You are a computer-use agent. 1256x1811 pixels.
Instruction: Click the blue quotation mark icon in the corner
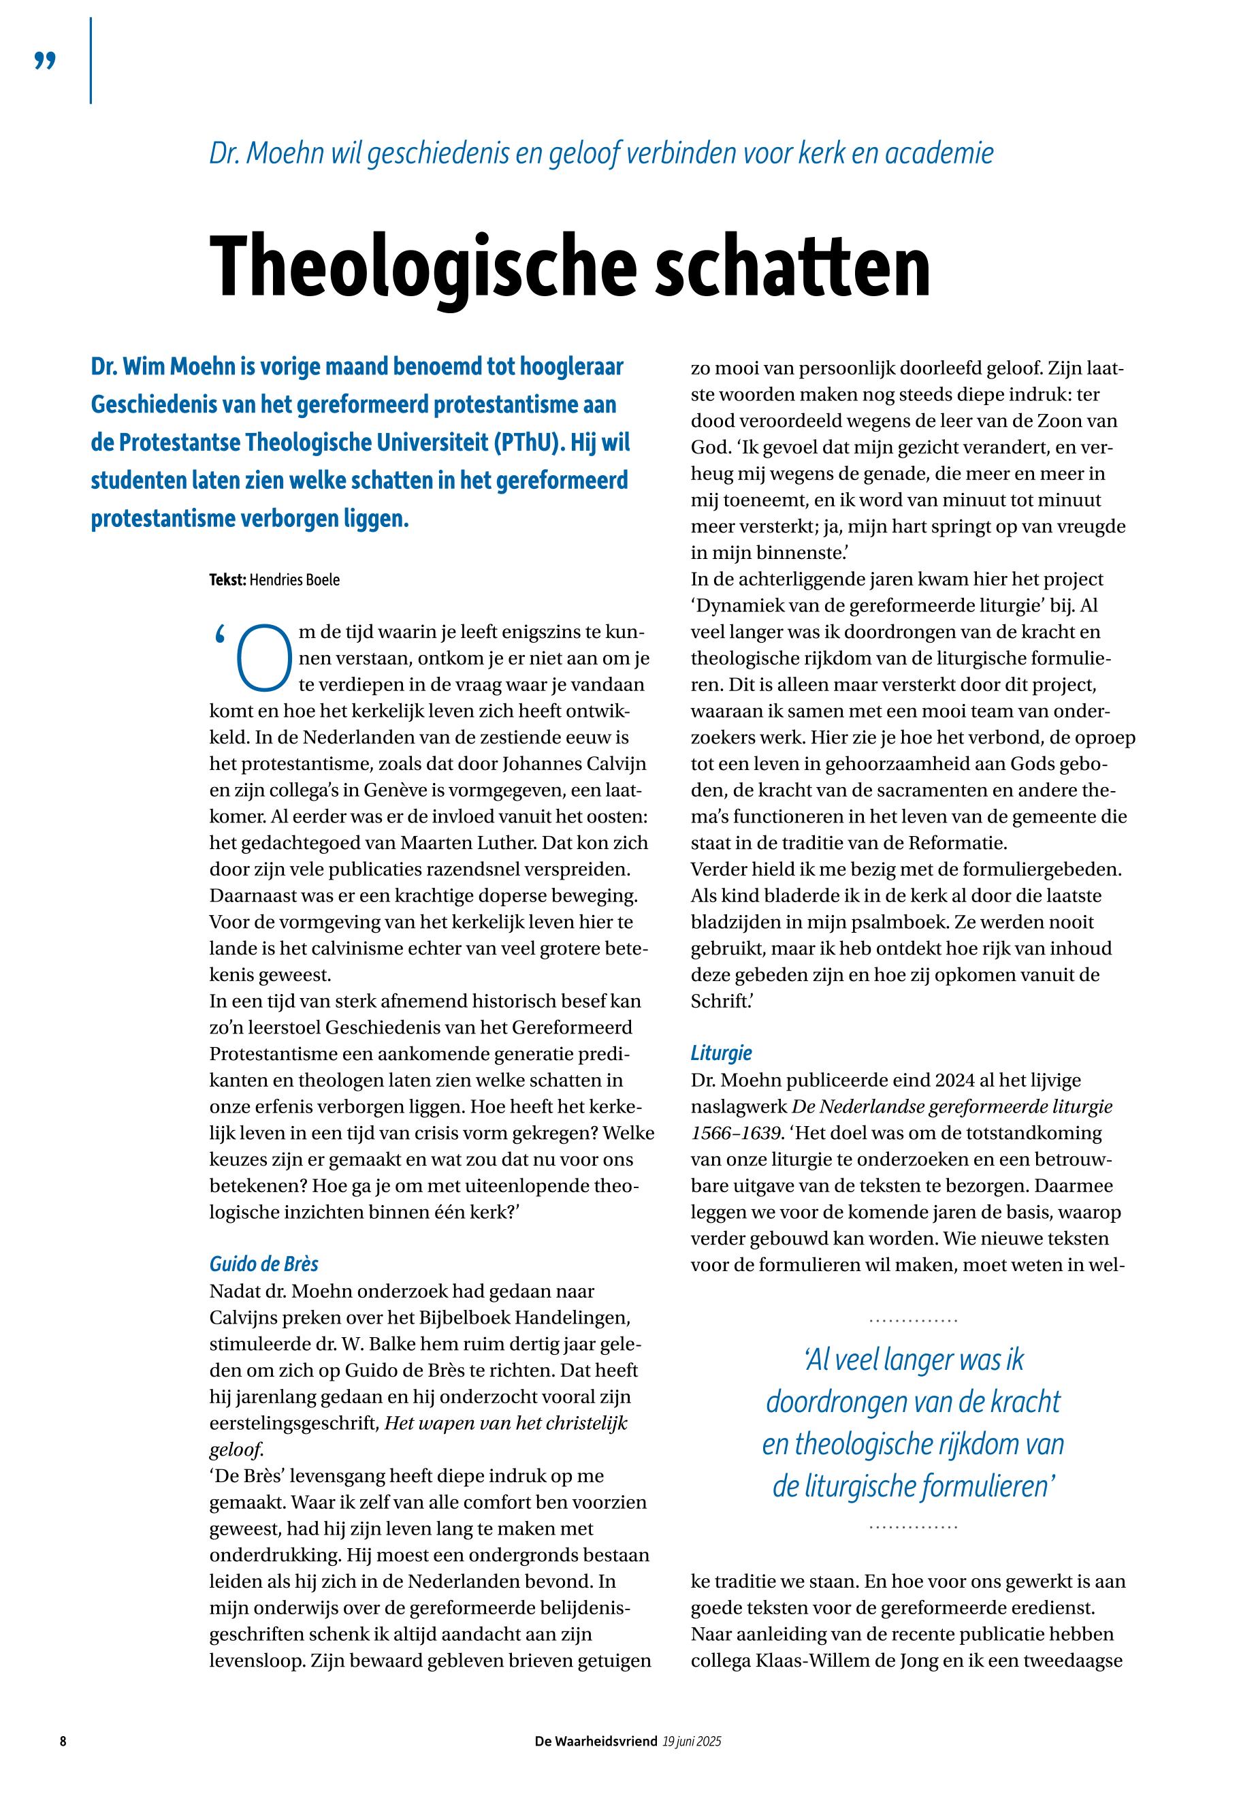point(46,61)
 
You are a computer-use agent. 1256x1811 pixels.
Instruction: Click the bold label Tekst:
point(227,580)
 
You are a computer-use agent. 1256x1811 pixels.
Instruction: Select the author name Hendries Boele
point(295,580)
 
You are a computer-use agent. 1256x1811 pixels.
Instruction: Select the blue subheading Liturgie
point(721,1053)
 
